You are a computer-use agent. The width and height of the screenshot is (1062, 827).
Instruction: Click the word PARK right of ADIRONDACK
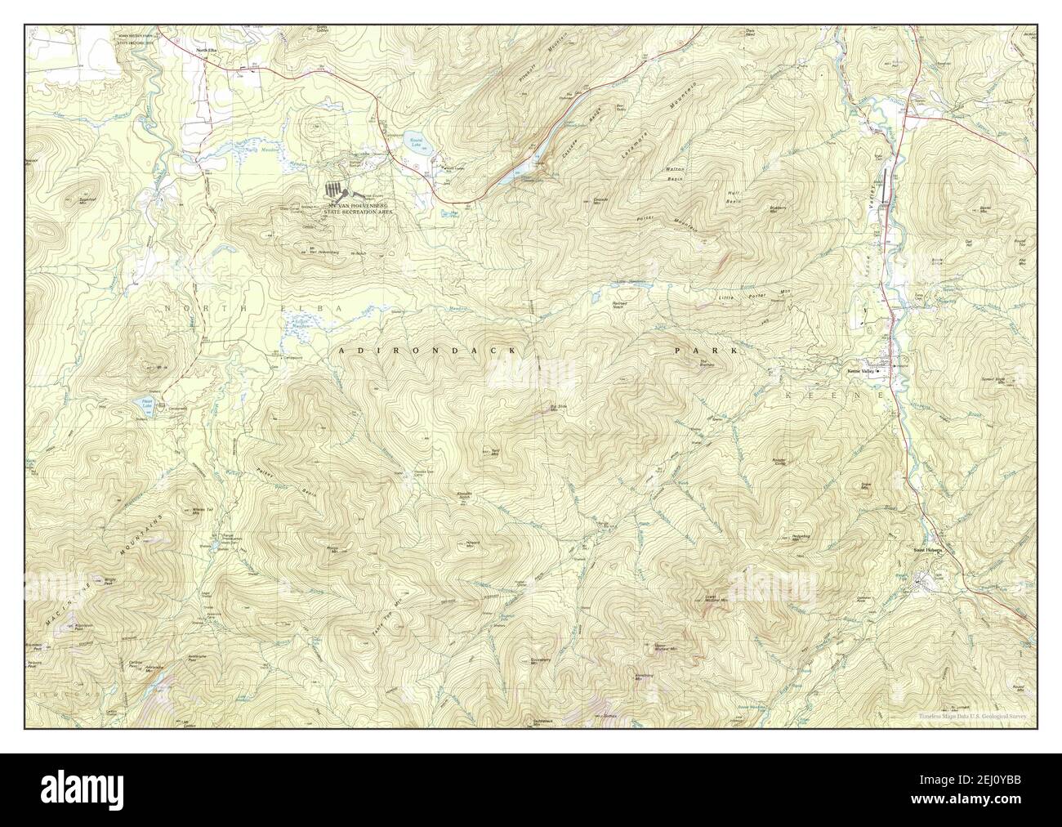click(x=705, y=350)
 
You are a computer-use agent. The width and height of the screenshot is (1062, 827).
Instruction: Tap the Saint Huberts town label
click(x=927, y=550)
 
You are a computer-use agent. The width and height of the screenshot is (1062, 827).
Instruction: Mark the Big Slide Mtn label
click(x=558, y=406)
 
